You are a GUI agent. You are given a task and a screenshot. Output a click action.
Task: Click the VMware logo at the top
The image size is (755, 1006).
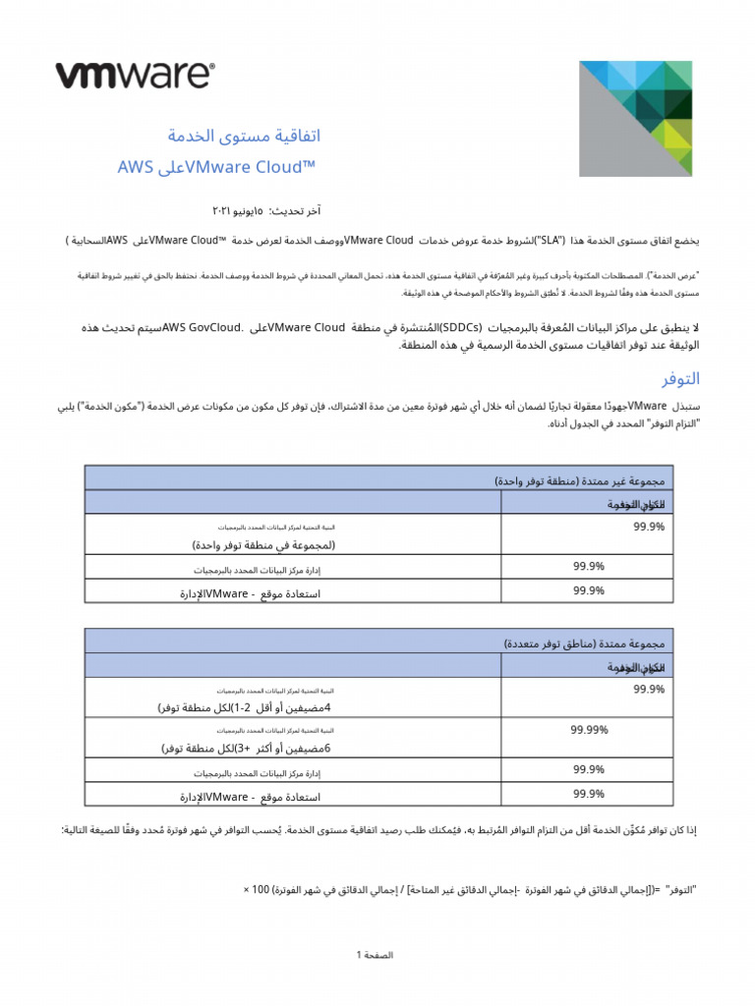pos(135,76)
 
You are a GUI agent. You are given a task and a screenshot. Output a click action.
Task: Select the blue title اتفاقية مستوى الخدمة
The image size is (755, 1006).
pos(245,136)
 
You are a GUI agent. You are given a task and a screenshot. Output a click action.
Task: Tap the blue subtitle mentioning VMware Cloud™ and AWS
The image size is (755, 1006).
pos(216,167)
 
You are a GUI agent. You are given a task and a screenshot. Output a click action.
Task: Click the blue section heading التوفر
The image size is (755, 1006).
pos(680,378)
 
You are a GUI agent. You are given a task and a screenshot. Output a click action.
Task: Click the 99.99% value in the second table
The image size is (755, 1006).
pos(589,730)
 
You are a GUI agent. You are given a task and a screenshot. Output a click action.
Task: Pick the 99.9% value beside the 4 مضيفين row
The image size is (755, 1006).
pos(649,690)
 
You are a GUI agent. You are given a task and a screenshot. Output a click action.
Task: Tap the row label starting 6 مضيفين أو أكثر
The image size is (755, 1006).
pos(246,748)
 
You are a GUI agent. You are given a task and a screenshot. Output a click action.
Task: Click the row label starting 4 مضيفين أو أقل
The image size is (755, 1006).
pos(245,707)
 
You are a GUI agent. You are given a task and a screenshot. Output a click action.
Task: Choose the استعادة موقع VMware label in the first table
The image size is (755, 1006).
pos(250,593)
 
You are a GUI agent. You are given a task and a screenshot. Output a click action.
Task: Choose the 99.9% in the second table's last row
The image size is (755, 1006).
pos(588,793)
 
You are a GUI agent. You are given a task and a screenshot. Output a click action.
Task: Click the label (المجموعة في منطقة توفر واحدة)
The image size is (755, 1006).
pos(263,544)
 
